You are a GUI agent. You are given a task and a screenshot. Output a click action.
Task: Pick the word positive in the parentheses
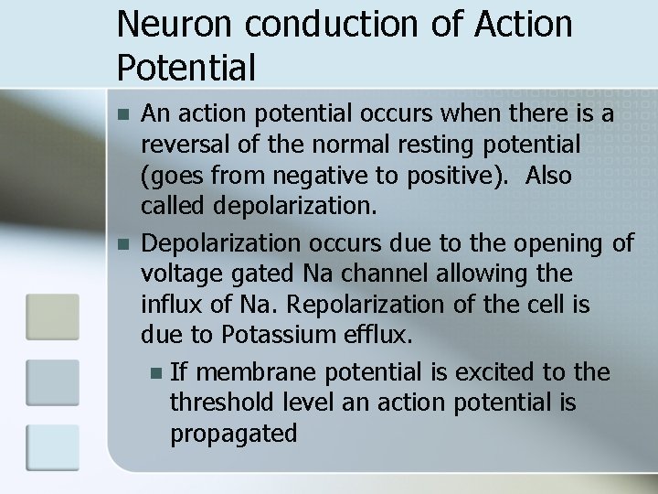coord(448,174)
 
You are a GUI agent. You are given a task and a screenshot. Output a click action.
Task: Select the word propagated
coord(234,434)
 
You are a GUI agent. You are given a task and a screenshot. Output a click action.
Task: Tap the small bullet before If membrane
coord(154,373)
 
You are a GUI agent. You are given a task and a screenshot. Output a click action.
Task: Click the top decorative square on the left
coord(53,317)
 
